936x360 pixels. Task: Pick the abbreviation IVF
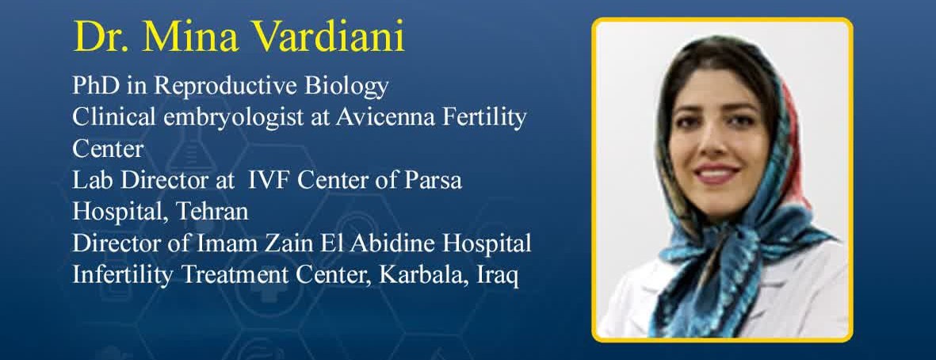coord(269,180)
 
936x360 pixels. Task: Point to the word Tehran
coord(212,212)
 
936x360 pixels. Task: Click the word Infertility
coord(123,276)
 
